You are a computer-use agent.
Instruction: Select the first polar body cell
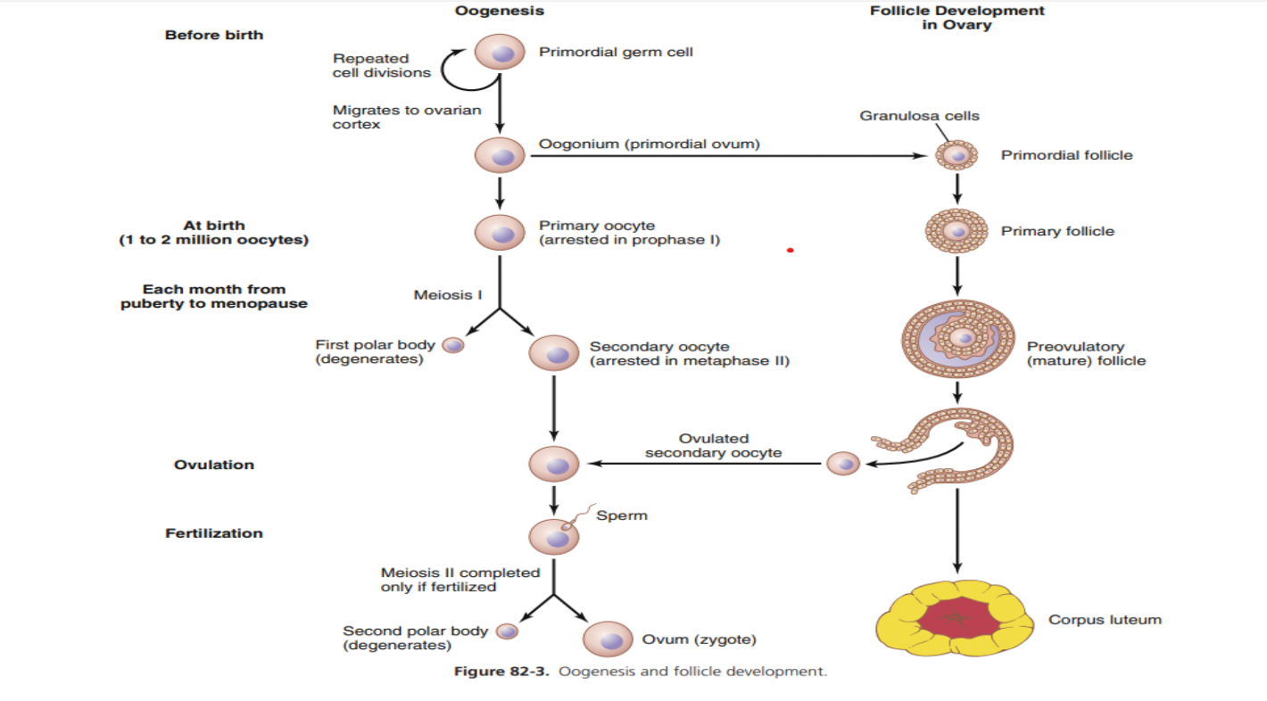coord(453,346)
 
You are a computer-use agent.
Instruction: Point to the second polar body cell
coord(507,631)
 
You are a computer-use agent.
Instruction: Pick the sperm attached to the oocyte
coord(582,517)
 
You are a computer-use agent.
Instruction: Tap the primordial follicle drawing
coord(956,156)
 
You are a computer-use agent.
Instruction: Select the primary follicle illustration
coord(956,232)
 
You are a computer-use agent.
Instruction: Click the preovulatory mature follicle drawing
coord(958,339)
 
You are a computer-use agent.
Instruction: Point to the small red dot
coord(790,251)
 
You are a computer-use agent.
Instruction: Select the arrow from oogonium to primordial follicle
coord(727,156)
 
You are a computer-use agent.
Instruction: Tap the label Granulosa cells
coord(919,116)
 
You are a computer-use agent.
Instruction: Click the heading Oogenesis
coord(500,12)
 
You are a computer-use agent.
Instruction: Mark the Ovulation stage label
coord(214,465)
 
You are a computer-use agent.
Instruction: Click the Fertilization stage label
coord(214,533)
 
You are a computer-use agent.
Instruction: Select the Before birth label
coord(214,35)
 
